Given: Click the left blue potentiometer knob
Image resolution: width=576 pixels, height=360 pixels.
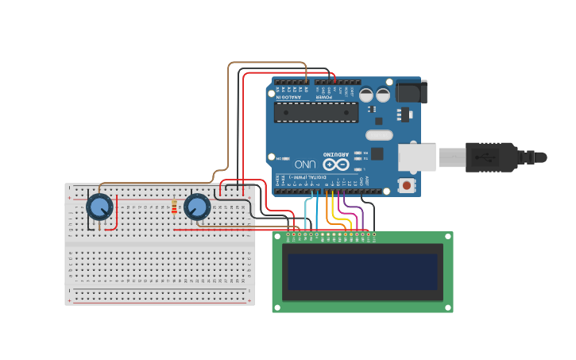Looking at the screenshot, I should point(99,207).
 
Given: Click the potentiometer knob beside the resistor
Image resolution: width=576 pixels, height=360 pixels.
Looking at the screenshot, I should point(196,207).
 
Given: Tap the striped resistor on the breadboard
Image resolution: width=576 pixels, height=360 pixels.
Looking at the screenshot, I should point(174,207).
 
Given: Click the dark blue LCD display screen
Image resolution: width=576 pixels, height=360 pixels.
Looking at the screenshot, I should point(362,272).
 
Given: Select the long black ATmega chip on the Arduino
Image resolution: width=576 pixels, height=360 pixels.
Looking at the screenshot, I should point(315,112).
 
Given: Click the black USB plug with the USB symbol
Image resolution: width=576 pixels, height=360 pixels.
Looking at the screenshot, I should point(491,157).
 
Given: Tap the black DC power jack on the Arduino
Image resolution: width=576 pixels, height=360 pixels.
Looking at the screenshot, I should point(412,91).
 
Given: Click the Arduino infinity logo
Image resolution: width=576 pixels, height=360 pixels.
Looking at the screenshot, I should point(336,165).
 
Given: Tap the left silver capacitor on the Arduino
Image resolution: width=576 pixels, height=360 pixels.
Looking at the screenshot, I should point(366,95).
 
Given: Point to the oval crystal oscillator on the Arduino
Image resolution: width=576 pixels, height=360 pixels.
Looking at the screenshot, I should point(379,135).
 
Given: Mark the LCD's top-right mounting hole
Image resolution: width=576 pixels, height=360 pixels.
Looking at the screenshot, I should point(447,238).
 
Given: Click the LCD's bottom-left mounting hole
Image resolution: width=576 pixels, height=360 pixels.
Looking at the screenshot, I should point(277,307).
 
